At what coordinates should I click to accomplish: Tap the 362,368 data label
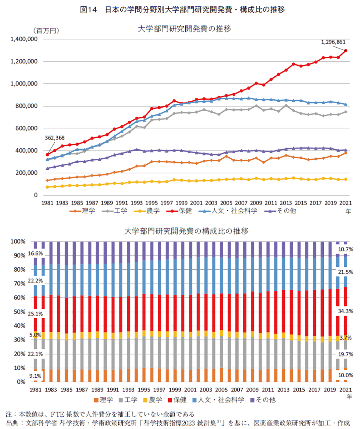click(55, 138)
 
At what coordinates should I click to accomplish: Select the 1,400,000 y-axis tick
click(24, 39)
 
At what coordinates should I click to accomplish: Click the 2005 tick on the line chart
click(226, 203)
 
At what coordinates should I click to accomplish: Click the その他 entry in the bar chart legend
click(265, 400)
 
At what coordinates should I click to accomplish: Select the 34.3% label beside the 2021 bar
click(345, 311)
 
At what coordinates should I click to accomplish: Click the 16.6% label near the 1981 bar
click(35, 254)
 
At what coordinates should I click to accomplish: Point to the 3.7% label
click(345, 338)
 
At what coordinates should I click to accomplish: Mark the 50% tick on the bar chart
click(18, 312)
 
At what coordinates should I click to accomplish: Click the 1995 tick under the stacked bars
click(144, 390)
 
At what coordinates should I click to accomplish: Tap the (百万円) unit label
click(46, 31)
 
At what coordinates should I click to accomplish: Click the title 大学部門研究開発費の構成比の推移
click(186, 231)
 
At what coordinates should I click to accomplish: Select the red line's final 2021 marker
click(346, 51)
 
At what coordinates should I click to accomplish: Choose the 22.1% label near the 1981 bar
click(35, 354)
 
